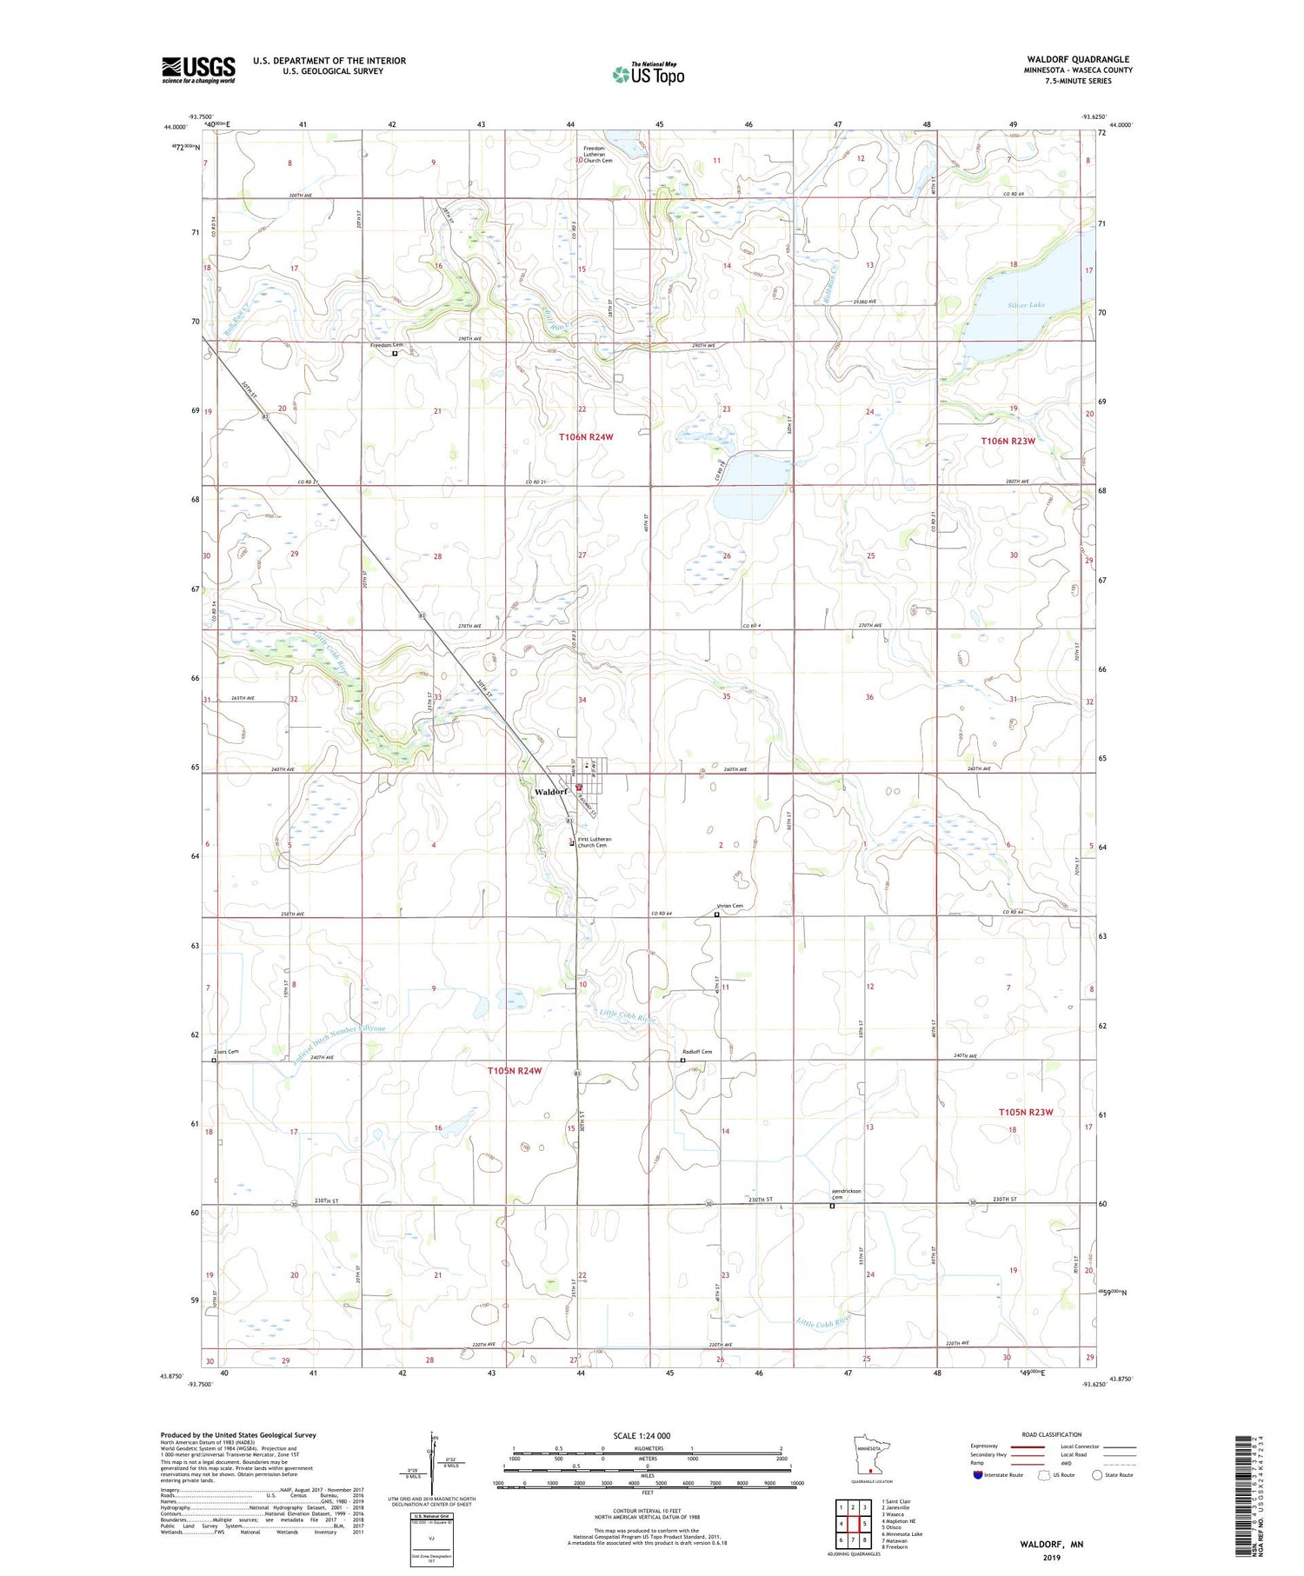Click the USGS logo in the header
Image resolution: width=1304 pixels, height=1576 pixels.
(x=198, y=70)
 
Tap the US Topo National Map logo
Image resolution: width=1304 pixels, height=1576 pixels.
(x=648, y=74)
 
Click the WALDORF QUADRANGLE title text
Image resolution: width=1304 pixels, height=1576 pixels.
(x=1078, y=59)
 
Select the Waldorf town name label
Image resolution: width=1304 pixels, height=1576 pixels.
(x=550, y=792)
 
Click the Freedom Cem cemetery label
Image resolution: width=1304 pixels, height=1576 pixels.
(x=387, y=345)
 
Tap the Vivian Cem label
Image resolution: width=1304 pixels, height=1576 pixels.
(x=729, y=906)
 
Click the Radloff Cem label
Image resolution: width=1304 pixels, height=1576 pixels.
(x=695, y=1052)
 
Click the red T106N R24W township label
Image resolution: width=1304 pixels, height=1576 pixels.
(x=586, y=437)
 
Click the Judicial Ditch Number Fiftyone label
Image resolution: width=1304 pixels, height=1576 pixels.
(x=332, y=1039)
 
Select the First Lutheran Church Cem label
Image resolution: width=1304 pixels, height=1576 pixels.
(x=594, y=842)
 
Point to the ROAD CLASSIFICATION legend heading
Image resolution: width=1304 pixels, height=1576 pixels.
(x=1051, y=1434)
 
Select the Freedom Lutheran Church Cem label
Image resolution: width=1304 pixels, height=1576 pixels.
(x=598, y=154)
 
